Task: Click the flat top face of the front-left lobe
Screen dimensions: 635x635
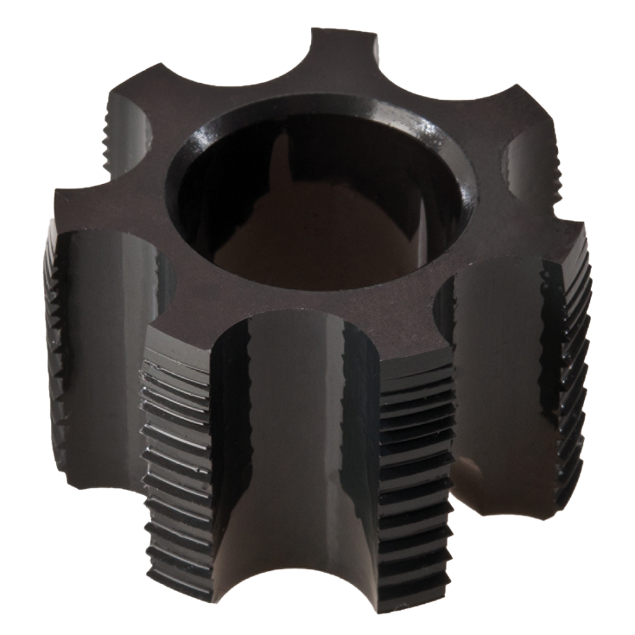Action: [190, 330]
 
